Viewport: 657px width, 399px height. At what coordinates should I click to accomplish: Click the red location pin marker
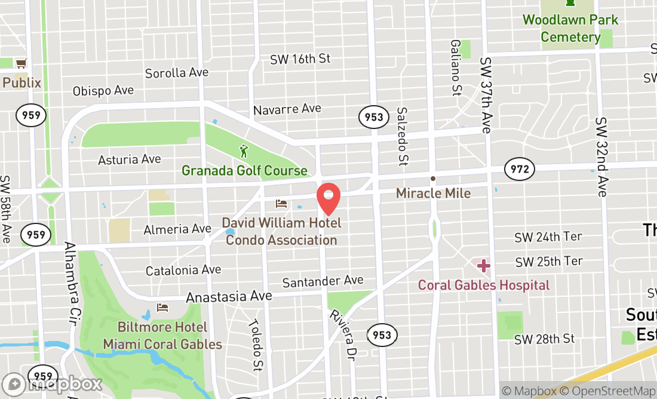click(x=328, y=199)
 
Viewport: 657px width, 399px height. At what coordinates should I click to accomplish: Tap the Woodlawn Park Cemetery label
click(x=570, y=28)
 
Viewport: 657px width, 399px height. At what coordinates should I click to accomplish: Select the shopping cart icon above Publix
click(x=22, y=63)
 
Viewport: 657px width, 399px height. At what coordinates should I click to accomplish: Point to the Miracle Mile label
click(x=433, y=194)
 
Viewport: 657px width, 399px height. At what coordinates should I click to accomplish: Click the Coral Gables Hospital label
click(x=483, y=285)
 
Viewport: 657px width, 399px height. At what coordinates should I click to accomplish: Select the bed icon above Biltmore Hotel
click(x=162, y=308)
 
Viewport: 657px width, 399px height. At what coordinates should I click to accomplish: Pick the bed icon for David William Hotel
click(x=281, y=204)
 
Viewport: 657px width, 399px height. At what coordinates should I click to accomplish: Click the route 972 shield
click(x=519, y=170)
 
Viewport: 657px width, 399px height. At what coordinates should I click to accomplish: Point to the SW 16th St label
click(x=300, y=59)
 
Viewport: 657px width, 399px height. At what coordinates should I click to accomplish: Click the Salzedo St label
click(x=403, y=136)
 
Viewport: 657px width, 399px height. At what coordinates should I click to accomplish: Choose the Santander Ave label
click(x=323, y=281)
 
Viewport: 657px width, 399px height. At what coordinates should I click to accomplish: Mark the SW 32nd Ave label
click(x=600, y=156)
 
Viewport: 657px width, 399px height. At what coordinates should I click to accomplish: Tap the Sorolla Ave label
click(x=177, y=73)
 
